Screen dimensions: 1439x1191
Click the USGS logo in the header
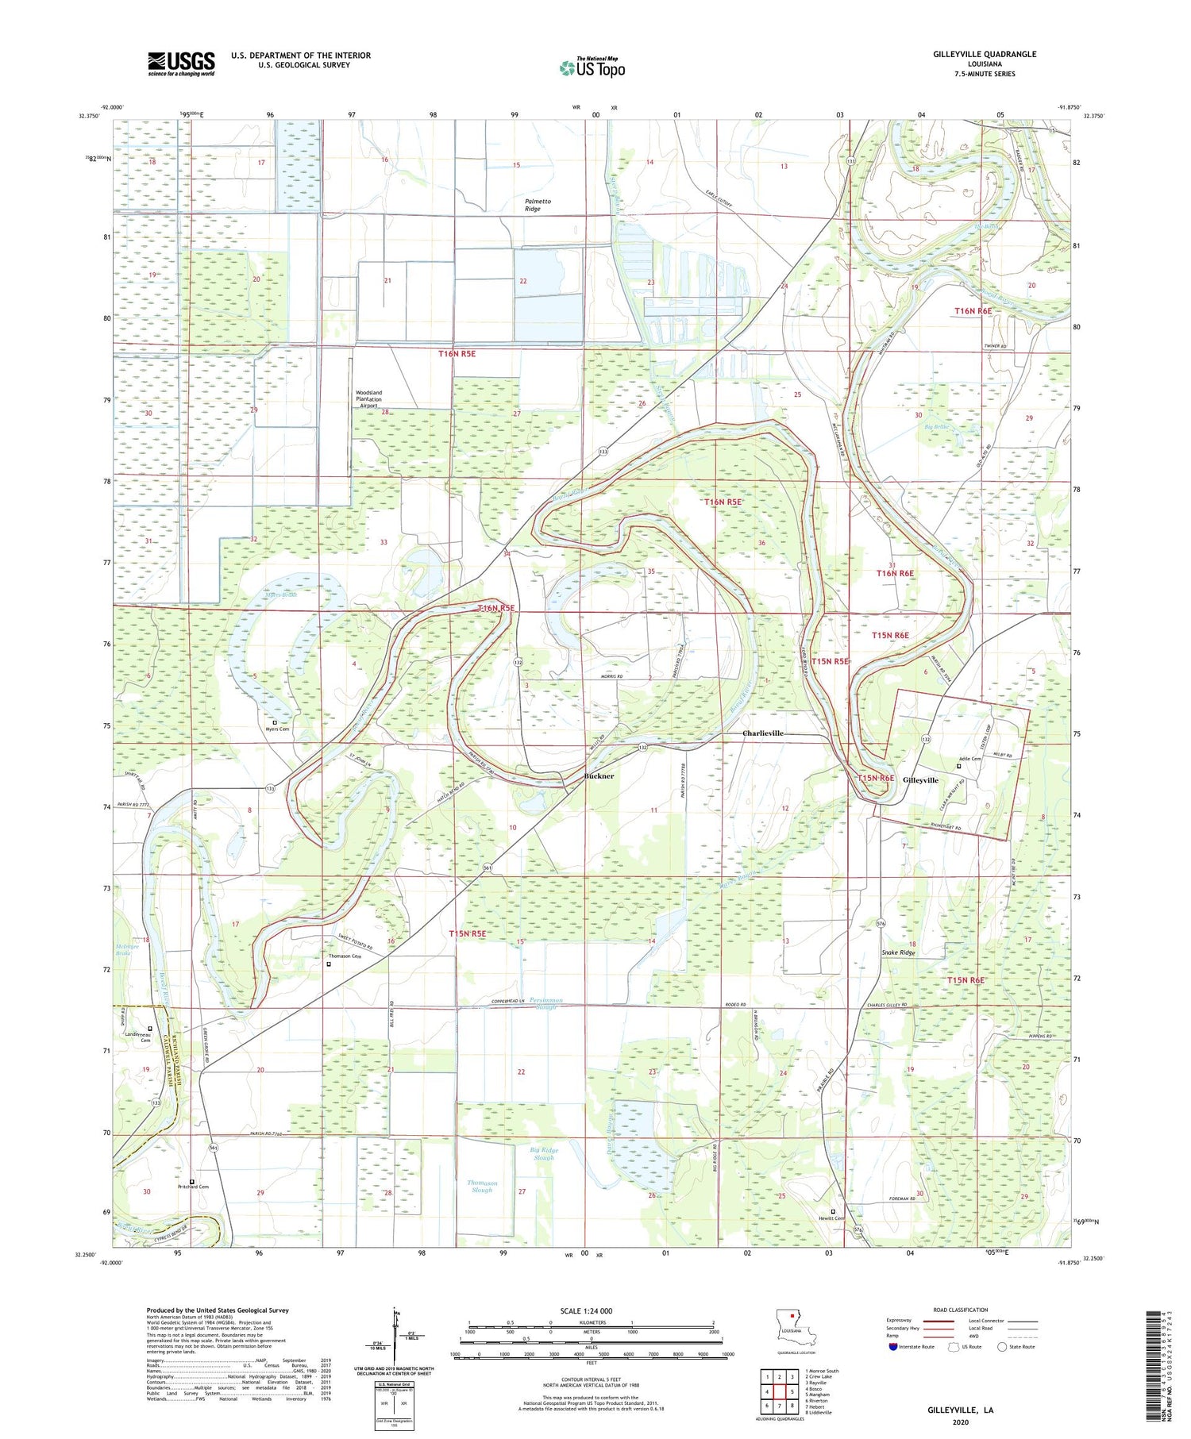[181, 63]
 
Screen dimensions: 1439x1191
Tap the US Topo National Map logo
[592, 67]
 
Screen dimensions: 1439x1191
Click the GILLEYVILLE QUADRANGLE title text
[975, 54]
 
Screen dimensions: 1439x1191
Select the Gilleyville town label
[920, 780]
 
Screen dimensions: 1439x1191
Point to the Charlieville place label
[762, 733]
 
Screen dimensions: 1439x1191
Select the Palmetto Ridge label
[538, 205]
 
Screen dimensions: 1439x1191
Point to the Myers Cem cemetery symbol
[276, 722]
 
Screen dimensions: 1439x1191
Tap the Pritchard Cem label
[194, 1187]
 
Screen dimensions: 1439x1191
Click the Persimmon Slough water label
[549, 1003]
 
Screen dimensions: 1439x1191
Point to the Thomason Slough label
[482, 1187]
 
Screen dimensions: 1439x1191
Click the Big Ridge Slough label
[544, 1153]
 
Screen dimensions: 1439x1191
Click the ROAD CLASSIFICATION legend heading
[961, 1310]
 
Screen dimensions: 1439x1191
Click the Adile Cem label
[970, 759]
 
